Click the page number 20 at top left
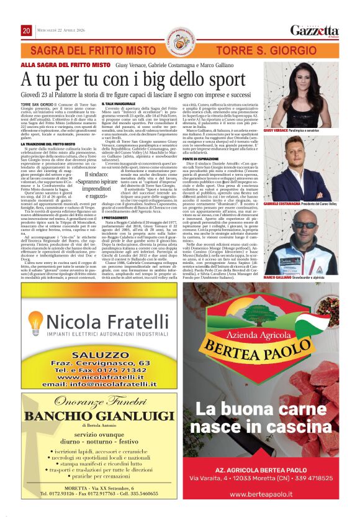pos(26,30)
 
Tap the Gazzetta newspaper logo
pos(315,30)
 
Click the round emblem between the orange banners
pos(180,44)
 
